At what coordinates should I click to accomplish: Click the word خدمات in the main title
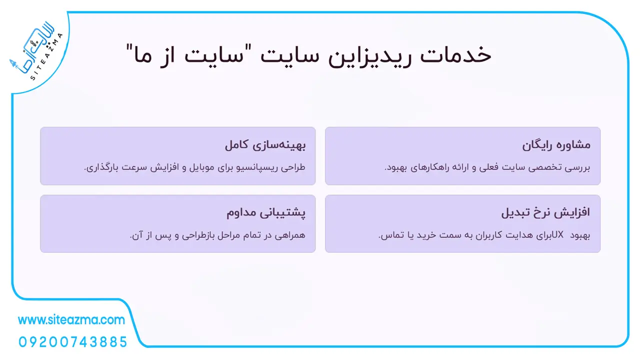tap(455, 55)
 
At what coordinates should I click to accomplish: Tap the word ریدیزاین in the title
tap(369, 56)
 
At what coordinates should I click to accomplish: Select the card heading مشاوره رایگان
tap(556, 145)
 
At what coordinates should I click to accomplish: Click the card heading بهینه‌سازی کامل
tap(265, 145)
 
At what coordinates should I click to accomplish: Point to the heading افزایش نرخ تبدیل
tap(545, 212)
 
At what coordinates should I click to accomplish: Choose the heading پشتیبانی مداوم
tap(266, 213)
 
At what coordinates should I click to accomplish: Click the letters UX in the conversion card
tap(557, 235)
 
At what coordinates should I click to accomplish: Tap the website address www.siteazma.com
tap(71, 320)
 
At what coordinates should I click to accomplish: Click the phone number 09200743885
tap(73, 342)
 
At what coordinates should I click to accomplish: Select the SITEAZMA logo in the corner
tap(36, 51)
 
